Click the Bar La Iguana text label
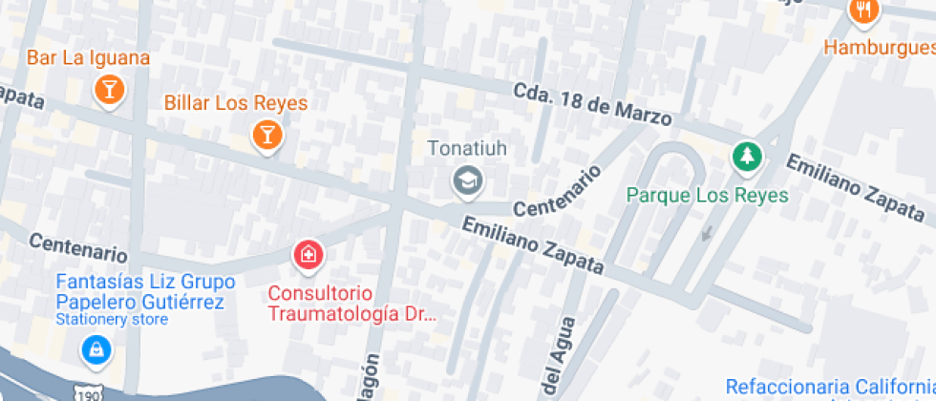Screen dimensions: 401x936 [88, 57]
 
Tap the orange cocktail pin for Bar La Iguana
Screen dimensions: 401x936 [110, 91]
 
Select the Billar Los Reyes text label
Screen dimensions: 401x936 [235, 103]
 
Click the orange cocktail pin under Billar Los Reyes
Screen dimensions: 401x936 [267, 135]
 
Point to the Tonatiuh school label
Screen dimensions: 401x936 [467, 148]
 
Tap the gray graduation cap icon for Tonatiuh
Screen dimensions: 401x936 [468, 179]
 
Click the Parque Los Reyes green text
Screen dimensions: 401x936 [708, 195]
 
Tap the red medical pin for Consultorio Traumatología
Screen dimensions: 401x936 [308, 254]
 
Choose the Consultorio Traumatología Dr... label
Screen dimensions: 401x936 [351, 303]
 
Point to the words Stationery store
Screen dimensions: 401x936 [113, 320]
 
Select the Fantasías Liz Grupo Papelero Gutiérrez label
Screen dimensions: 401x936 [139, 292]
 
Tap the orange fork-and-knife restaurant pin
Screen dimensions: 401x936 [863, 11]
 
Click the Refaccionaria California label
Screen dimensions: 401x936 [829, 387]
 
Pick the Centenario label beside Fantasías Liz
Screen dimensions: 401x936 [78, 247]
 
